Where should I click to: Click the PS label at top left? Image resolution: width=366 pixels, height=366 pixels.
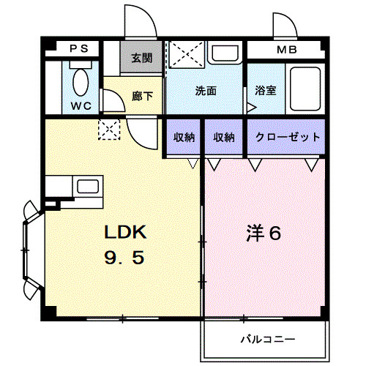coord(78,49)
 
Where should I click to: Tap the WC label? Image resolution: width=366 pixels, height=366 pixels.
coord(81,105)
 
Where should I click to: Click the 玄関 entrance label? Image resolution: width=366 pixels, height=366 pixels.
coord(142,58)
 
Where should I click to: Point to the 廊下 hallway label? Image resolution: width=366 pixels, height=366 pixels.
coord(142,95)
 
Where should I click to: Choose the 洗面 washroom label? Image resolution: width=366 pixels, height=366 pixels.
coord(206,91)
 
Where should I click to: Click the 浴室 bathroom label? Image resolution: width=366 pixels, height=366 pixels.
coord(265,91)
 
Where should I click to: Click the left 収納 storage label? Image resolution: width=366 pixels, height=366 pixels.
coord(184,137)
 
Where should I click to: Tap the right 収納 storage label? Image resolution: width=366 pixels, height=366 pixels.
coord(223,137)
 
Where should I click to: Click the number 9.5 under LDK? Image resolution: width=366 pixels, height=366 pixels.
coord(126,259)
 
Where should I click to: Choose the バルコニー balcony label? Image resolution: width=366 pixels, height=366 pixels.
coord(267,340)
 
